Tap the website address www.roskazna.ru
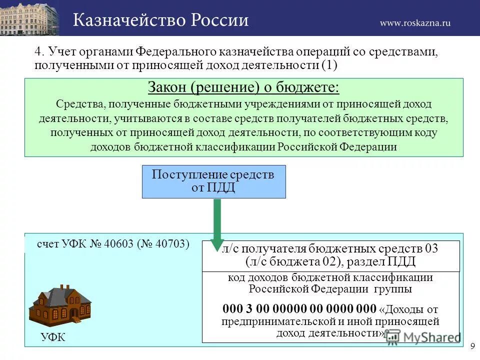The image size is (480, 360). tap(415, 22)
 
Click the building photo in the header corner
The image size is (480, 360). tap(29, 18)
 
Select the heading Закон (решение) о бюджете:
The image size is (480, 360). tap(243, 88)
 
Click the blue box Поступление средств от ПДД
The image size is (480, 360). tap(214, 181)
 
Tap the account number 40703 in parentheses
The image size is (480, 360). tap(168, 244)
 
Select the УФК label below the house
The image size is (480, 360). tap(53, 337)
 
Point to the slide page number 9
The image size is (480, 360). tap(472, 346)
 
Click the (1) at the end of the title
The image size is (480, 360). tap(329, 65)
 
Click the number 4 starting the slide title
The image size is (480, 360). tap(38, 52)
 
